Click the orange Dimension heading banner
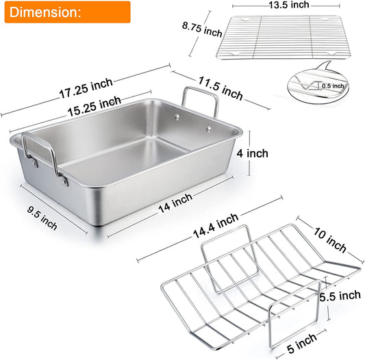point(65,12)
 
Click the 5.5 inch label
point(340,296)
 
